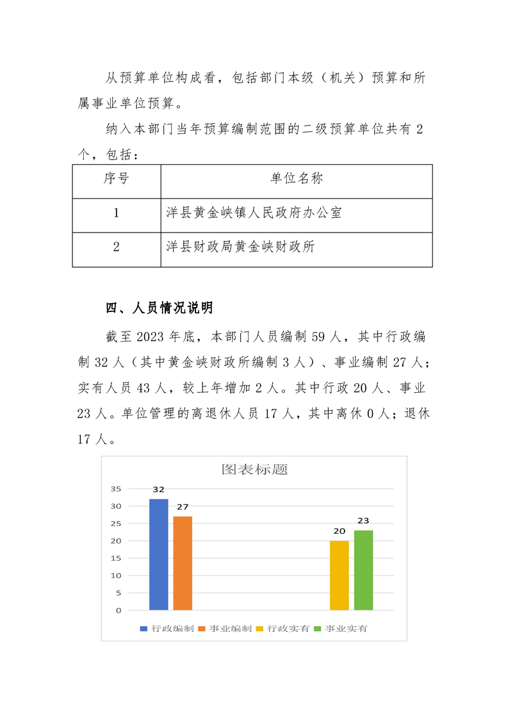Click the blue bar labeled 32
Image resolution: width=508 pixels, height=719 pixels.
159,554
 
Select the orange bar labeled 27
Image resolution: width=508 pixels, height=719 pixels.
183,563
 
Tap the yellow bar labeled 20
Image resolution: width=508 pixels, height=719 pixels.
340,575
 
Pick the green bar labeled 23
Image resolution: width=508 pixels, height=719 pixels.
363,570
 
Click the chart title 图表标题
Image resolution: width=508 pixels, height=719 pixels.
254,469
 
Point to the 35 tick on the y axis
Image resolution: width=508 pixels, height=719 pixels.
115,488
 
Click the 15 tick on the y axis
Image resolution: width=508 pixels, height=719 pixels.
115,558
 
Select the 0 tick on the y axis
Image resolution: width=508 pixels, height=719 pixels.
119,610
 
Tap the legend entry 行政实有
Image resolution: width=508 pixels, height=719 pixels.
288,629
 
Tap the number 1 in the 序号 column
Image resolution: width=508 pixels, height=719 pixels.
116,213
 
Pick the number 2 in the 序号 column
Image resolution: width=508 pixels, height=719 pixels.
116,247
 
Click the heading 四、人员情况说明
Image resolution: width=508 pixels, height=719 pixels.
159,308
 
